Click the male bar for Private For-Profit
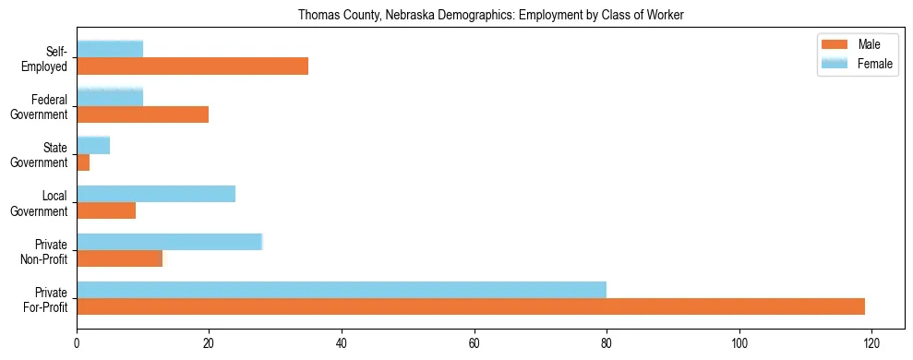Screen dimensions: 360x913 (471, 306)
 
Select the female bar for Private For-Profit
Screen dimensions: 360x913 (342, 290)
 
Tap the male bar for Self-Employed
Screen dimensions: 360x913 (192, 66)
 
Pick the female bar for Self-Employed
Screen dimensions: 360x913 (110, 49)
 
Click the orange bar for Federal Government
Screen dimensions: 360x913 (142, 114)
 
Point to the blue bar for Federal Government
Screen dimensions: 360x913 (110, 97)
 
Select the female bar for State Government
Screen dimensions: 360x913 (93, 145)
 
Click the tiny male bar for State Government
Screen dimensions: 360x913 (83, 162)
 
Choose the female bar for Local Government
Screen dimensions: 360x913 (156, 193)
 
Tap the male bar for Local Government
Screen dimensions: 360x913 (106, 210)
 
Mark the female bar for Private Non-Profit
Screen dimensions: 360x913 (169, 241)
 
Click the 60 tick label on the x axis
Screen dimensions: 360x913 (474, 342)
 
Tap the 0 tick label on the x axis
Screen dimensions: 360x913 (77, 342)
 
